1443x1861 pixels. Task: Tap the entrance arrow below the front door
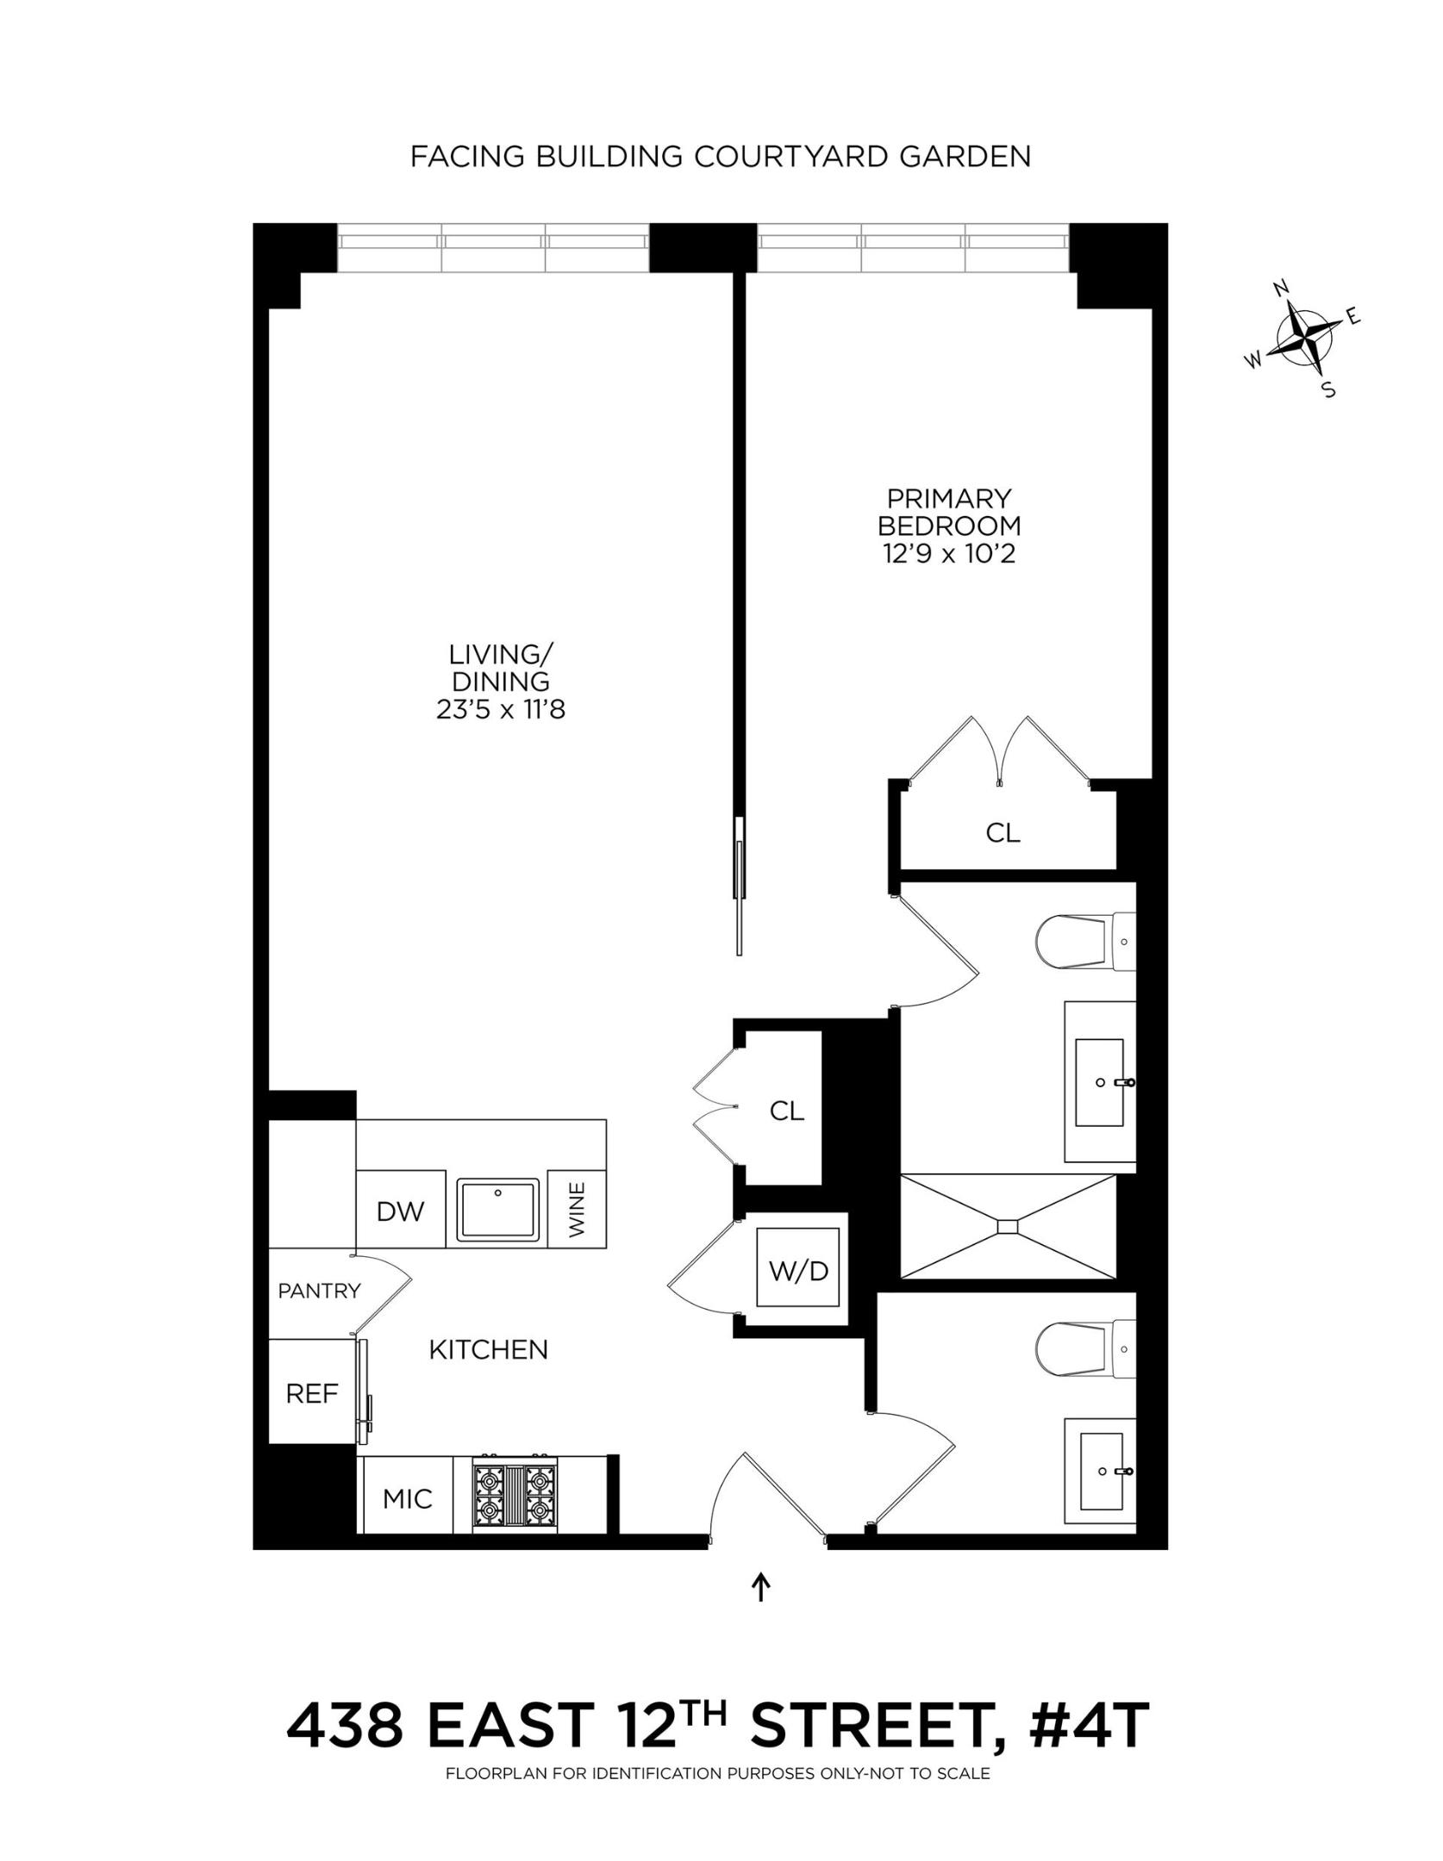[x=760, y=1587]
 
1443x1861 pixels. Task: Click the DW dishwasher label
[x=400, y=1211]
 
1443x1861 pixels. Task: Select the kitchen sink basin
[x=497, y=1211]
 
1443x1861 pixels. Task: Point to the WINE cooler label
[x=577, y=1210]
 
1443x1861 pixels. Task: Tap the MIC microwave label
[x=407, y=1499]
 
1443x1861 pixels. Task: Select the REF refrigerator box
[x=312, y=1394]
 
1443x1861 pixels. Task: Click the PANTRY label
[x=319, y=1291]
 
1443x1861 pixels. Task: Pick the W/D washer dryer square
[x=798, y=1270]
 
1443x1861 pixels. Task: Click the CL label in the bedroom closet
[x=1003, y=832]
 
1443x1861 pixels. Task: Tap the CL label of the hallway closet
[x=786, y=1111]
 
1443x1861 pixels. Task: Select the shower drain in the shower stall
[x=1008, y=1224]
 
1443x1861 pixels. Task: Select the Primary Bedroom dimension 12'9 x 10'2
[x=948, y=553]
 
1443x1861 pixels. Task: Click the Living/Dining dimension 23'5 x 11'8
[x=500, y=709]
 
